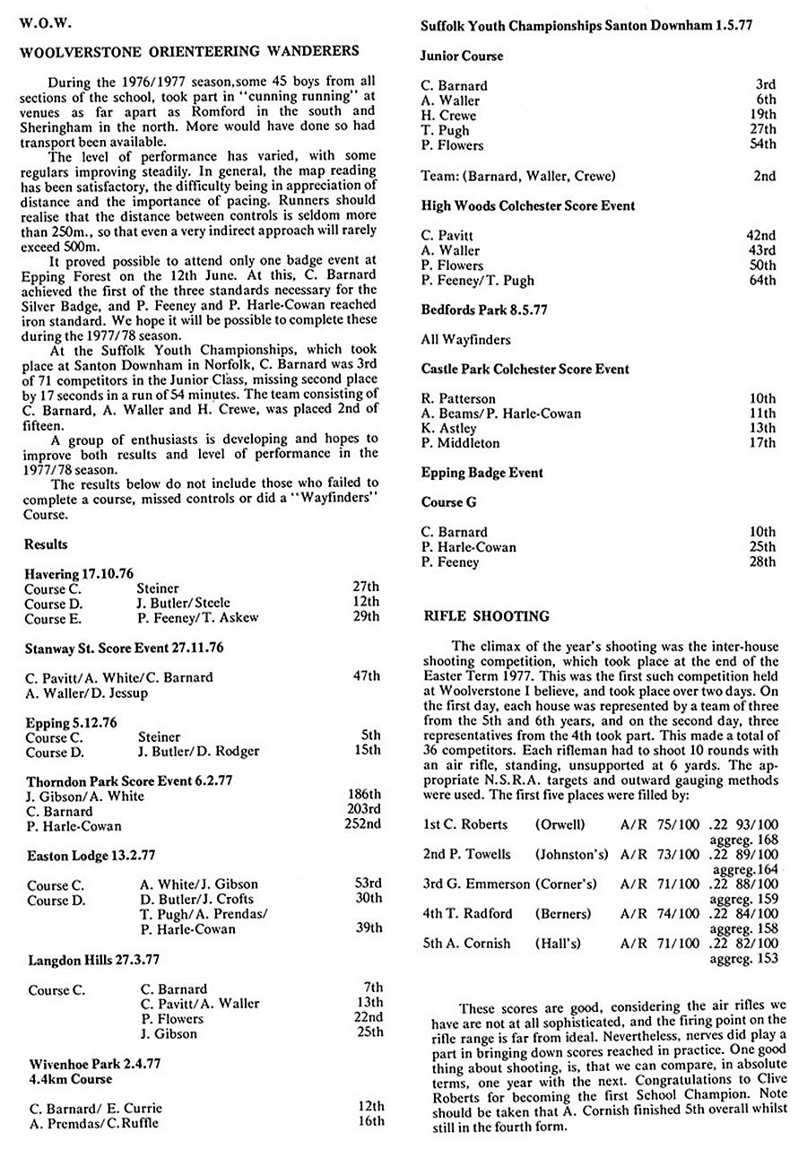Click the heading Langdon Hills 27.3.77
94,959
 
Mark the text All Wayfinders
467,339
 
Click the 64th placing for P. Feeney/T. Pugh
761,280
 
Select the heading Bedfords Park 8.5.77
484,309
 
